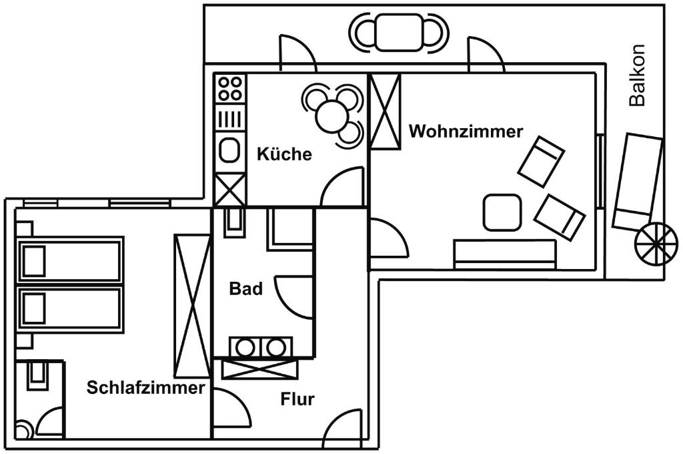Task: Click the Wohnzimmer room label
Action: [x=466, y=132]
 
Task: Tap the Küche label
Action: [x=284, y=154]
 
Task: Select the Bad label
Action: [x=245, y=289]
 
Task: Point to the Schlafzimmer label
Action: [x=145, y=388]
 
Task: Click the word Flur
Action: [x=297, y=400]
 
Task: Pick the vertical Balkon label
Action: [x=638, y=75]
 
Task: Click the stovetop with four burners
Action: [x=230, y=87]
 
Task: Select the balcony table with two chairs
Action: [x=399, y=32]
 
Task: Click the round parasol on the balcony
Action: [x=656, y=243]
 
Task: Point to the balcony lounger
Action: [x=637, y=180]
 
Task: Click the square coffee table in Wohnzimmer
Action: [x=502, y=212]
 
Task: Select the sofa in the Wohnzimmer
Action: [x=504, y=254]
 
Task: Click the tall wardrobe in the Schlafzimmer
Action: [x=192, y=305]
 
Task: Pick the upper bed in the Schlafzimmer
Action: [x=70, y=261]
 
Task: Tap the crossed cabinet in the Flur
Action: [x=259, y=369]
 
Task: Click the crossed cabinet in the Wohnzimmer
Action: [x=385, y=111]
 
